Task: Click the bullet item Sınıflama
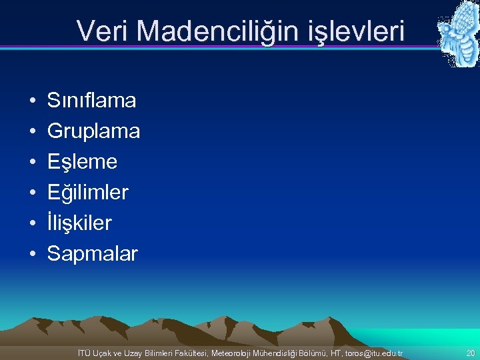click(92, 101)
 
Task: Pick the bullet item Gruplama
click(93, 132)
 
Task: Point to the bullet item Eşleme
click(82, 162)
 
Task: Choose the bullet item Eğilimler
click(88, 193)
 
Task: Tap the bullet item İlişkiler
click(79, 223)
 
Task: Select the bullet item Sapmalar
click(93, 254)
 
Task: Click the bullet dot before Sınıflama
click(33, 101)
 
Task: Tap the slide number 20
click(471, 352)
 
